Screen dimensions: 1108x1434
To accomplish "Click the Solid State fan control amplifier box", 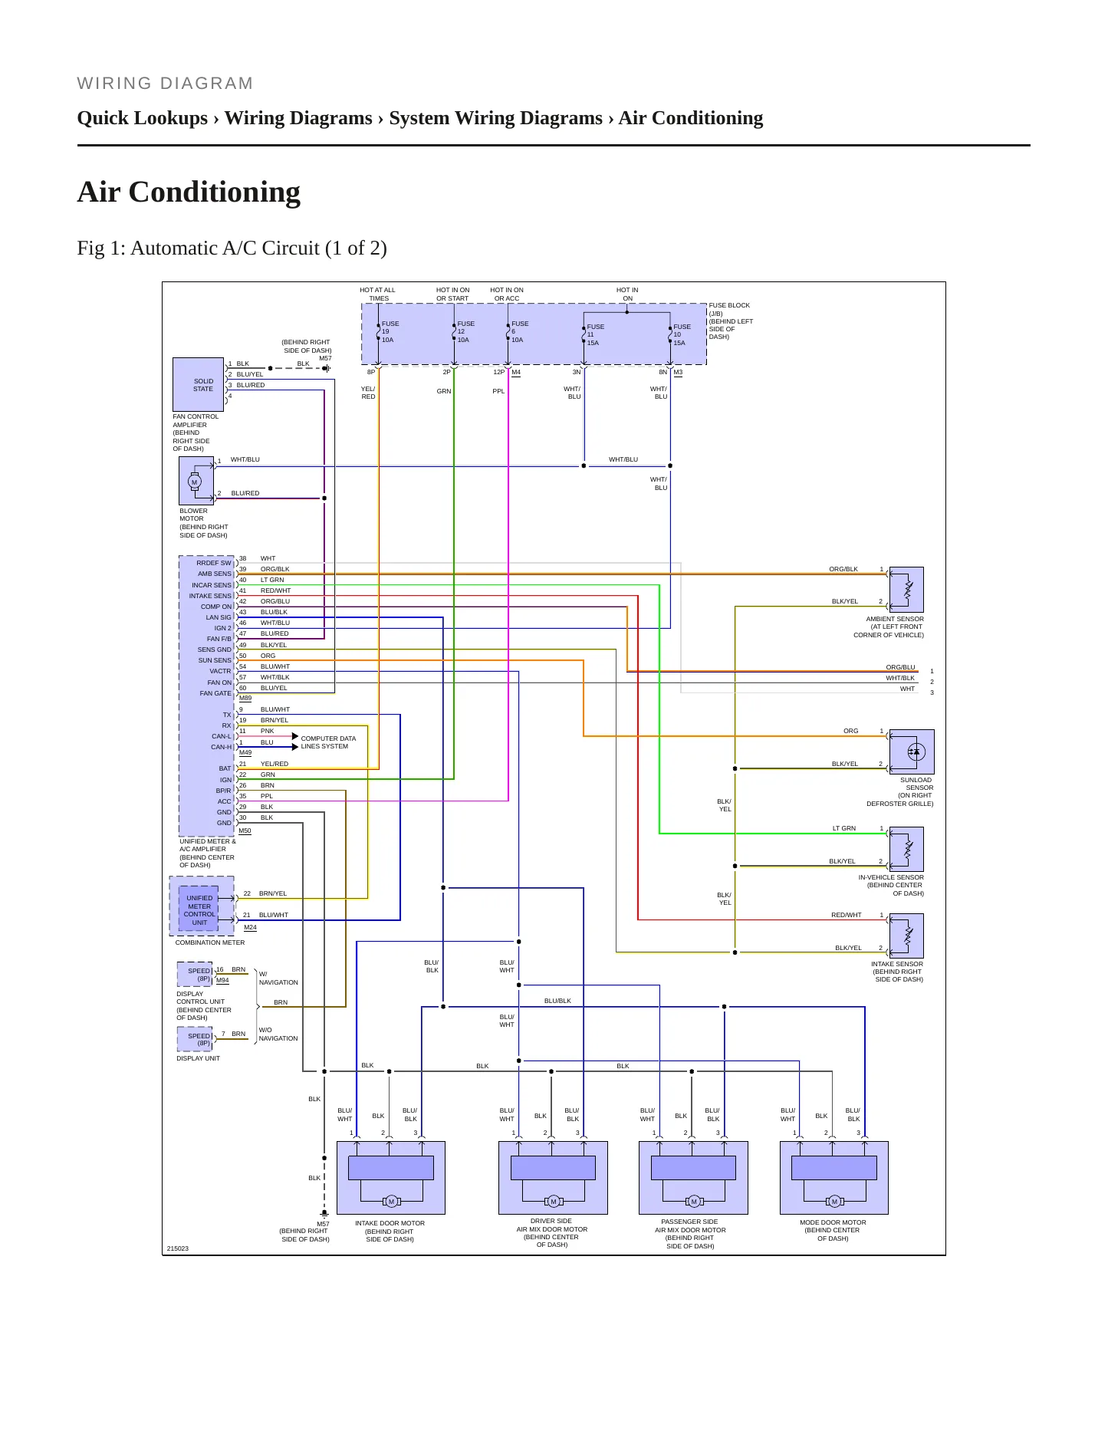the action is [x=199, y=384].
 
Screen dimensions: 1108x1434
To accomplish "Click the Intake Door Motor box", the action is [x=391, y=1178].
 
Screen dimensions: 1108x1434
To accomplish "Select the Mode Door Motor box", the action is [x=834, y=1178].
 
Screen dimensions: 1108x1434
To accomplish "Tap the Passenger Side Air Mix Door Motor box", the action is [x=693, y=1178].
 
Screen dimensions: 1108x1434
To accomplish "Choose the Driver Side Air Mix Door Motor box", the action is [x=553, y=1178].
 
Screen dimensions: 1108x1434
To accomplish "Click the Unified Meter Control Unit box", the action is [x=199, y=909].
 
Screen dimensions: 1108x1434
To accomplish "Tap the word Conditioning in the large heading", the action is [x=215, y=192].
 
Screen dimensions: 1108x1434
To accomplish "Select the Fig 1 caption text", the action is [x=232, y=248].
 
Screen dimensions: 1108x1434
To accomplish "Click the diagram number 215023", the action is [x=178, y=1248].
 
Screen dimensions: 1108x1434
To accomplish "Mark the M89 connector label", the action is [x=245, y=698].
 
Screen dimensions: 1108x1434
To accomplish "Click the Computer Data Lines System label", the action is [x=328, y=742].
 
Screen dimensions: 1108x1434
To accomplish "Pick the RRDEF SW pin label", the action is [x=214, y=563].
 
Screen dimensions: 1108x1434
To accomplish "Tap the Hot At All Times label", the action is [x=378, y=294].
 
